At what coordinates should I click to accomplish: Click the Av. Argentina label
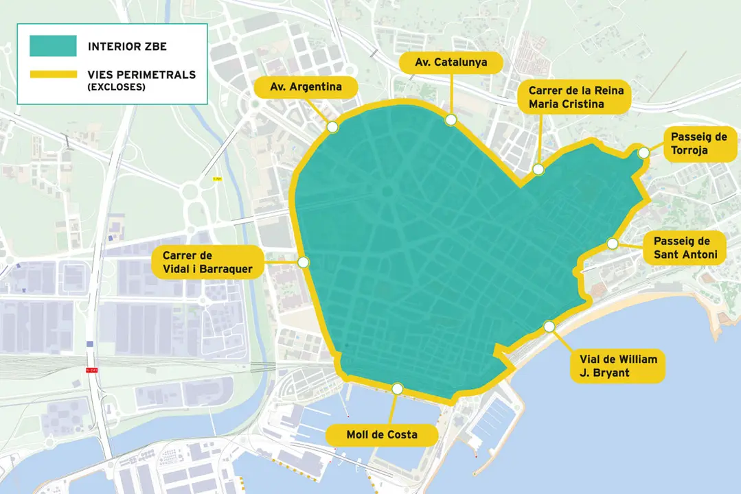pyautogui.click(x=306, y=87)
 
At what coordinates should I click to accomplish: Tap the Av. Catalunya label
pyautogui.click(x=451, y=62)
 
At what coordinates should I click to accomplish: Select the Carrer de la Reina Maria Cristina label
pyautogui.click(x=574, y=97)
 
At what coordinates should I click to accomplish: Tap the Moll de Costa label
pyautogui.click(x=382, y=435)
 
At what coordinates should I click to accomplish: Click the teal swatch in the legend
pyautogui.click(x=53, y=46)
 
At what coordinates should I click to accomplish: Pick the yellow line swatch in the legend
pyautogui.click(x=53, y=75)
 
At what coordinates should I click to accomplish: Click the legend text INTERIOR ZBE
pyautogui.click(x=127, y=47)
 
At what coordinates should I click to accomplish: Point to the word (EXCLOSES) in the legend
pyautogui.click(x=116, y=87)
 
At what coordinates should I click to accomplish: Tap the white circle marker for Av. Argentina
pyautogui.click(x=333, y=127)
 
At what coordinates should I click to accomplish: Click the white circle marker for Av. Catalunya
pyautogui.click(x=451, y=120)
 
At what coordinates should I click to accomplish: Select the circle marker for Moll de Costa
pyautogui.click(x=397, y=389)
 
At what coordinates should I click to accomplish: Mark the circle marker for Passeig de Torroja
pyautogui.click(x=643, y=153)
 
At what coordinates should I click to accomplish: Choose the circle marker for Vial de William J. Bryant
pyautogui.click(x=549, y=327)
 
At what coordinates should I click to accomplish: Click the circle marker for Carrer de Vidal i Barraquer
pyautogui.click(x=304, y=262)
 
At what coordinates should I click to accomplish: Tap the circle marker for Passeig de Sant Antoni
pyautogui.click(x=612, y=243)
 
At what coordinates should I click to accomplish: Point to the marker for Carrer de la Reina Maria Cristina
pyautogui.click(x=538, y=169)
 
